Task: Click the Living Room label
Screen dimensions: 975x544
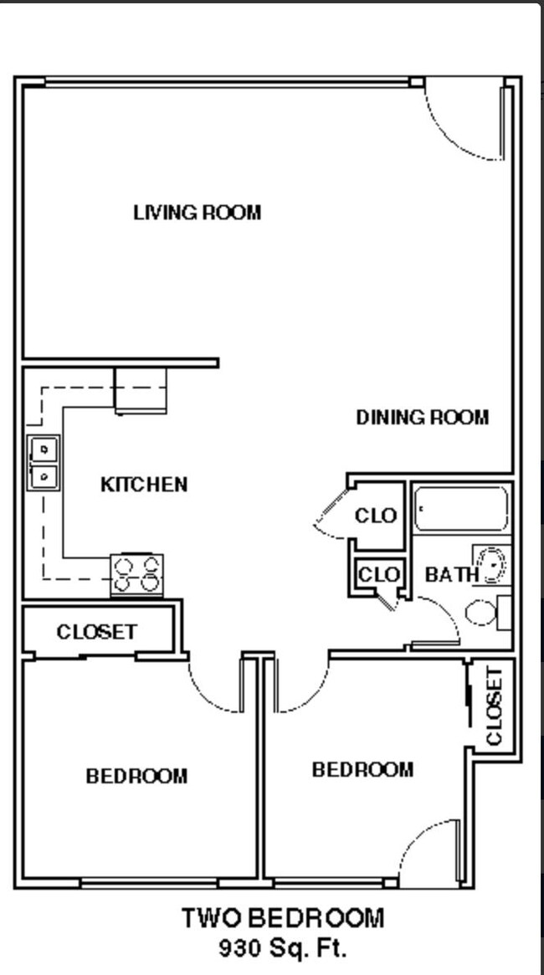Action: click(x=197, y=213)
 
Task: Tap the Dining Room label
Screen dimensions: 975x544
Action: click(x=422, y=417)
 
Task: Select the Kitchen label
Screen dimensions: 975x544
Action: click(x=144, y=485)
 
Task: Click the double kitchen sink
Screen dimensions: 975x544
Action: click(x=43, y=463)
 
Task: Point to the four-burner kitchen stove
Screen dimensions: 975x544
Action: click(x=137, y=575)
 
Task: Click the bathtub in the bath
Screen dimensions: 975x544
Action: click(x=461, y=510)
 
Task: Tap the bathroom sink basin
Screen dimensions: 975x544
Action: click(x=491, y=565)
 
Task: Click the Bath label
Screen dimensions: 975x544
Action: click(x=452, y=575)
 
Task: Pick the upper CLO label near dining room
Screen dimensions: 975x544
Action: click(x=376, y=516)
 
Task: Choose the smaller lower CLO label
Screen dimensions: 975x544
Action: click(x=379, y=575)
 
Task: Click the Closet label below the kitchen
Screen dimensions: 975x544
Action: click(x=96, y=632)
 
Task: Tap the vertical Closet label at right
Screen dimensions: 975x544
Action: click(x=494, y=706)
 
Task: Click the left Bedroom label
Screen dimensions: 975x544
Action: click(x=136, y=777)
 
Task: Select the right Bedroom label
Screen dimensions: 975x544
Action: click(x=362, y=769)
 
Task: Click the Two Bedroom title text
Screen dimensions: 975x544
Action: click(x=283, y=918)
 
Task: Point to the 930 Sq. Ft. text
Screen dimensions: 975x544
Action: click(x=283, y=948)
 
